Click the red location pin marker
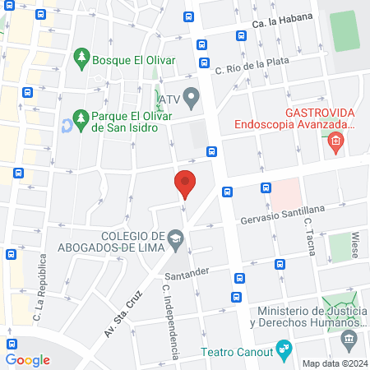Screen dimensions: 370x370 tap(185, 183)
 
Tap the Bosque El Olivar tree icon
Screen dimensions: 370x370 tap(81, 57)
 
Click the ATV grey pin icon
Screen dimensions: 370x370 tap(191, 99)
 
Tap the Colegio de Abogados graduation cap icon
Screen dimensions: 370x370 tap(176, 238)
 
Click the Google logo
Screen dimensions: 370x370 tap(27, 359)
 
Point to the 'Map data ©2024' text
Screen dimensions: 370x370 tap(334, 363)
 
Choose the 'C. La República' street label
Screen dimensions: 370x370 tap(38, 293)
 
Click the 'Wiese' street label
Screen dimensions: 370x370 tap(355, 242)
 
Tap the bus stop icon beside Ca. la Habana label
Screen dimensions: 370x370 tap(241, 35)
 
